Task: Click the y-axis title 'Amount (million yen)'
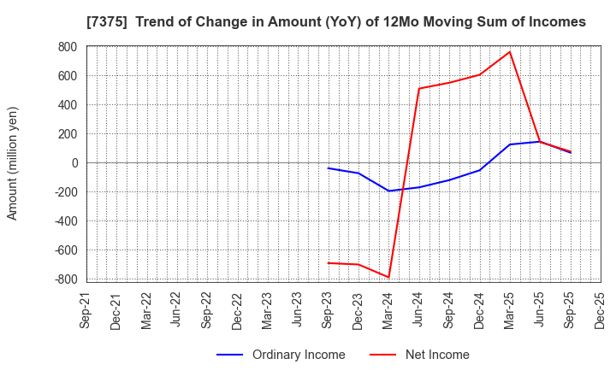point(13,163)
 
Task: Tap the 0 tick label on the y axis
point(74,163)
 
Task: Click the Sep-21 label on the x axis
point(86,310)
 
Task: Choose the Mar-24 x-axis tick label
point(388,310)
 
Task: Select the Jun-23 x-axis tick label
point(298,310)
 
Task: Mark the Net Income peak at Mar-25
point(510,52)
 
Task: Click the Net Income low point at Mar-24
point(388,277)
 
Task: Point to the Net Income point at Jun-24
point(419,89)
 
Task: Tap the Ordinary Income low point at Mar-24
point(388,191)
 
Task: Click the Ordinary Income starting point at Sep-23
point(329,168)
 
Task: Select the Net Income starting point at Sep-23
point(329,263)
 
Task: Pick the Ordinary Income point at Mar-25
point(510,144)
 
